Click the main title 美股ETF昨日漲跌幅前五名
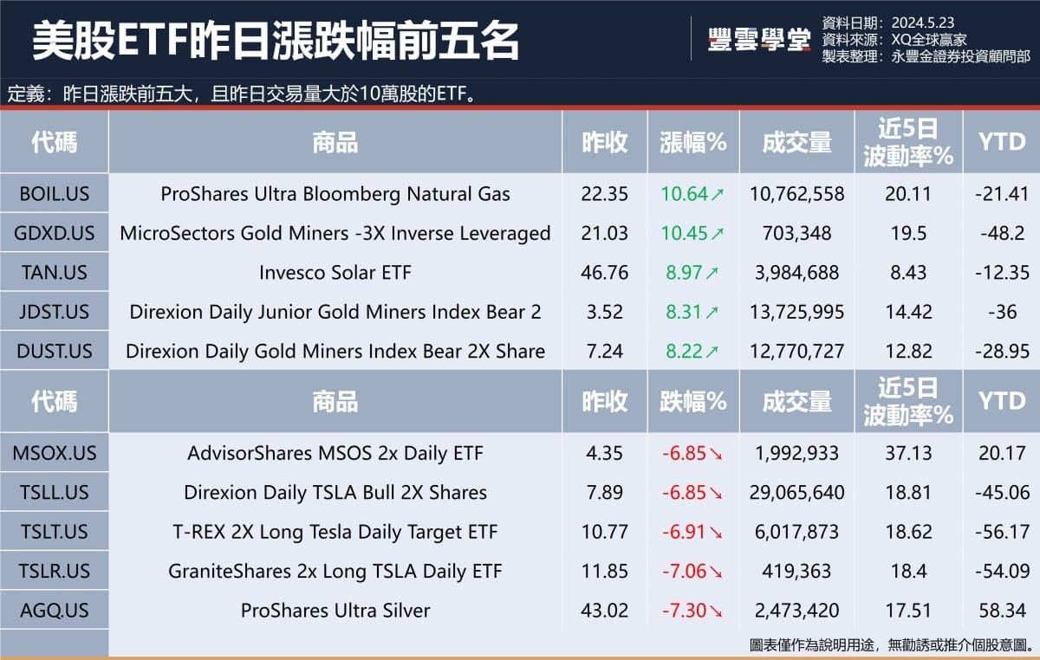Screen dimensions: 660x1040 tap(276, 40)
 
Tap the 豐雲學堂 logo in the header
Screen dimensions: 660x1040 tap(758, 40)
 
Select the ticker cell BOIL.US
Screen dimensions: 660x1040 tap(54, 194)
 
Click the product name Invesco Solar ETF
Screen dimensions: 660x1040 tap(335, 273)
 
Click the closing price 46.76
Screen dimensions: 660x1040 tap(604, 273)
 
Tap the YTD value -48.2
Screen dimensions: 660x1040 tap(1002, 233)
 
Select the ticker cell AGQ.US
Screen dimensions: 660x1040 tap(54, 611)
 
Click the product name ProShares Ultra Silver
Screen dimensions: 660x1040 tap(335, 611)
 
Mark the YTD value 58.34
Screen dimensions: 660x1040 tap(1002, 611)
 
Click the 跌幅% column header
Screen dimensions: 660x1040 tap(692, 401)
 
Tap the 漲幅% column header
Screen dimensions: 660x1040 tap(692, 142)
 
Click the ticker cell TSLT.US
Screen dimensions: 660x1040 tap(54, 532)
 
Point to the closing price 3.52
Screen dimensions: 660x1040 tap(604, 312)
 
